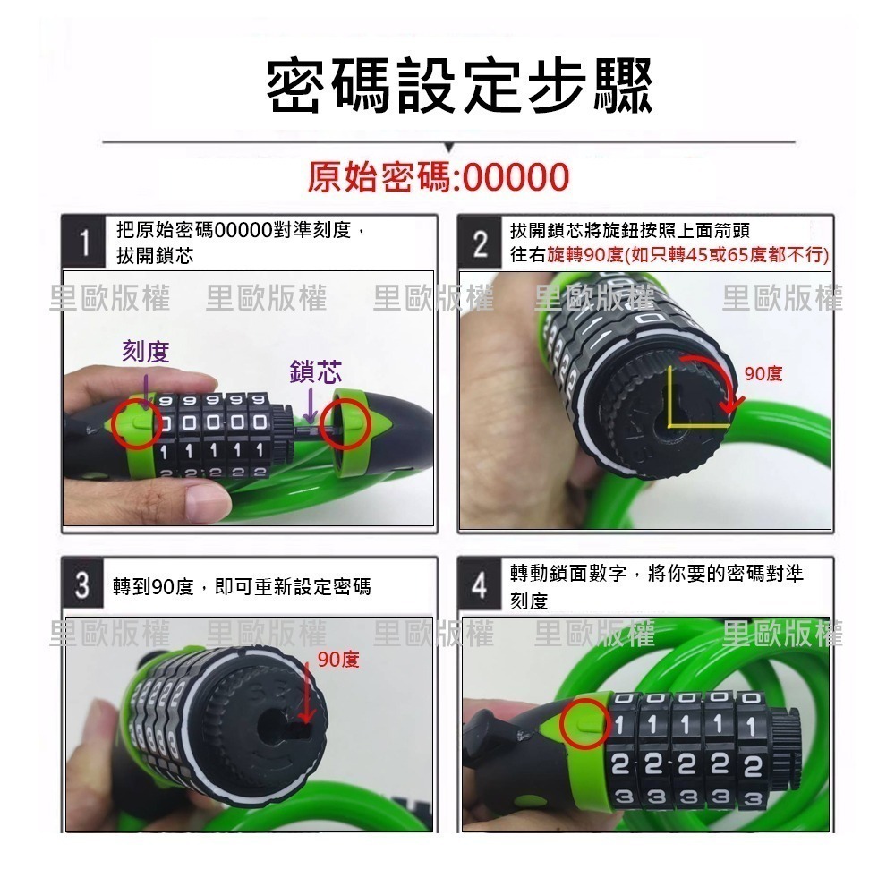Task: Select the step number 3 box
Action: pos(83,586)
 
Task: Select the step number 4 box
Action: pos(481,586)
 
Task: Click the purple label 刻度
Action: pos(145,352)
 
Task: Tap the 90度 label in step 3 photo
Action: pos(338,661)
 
